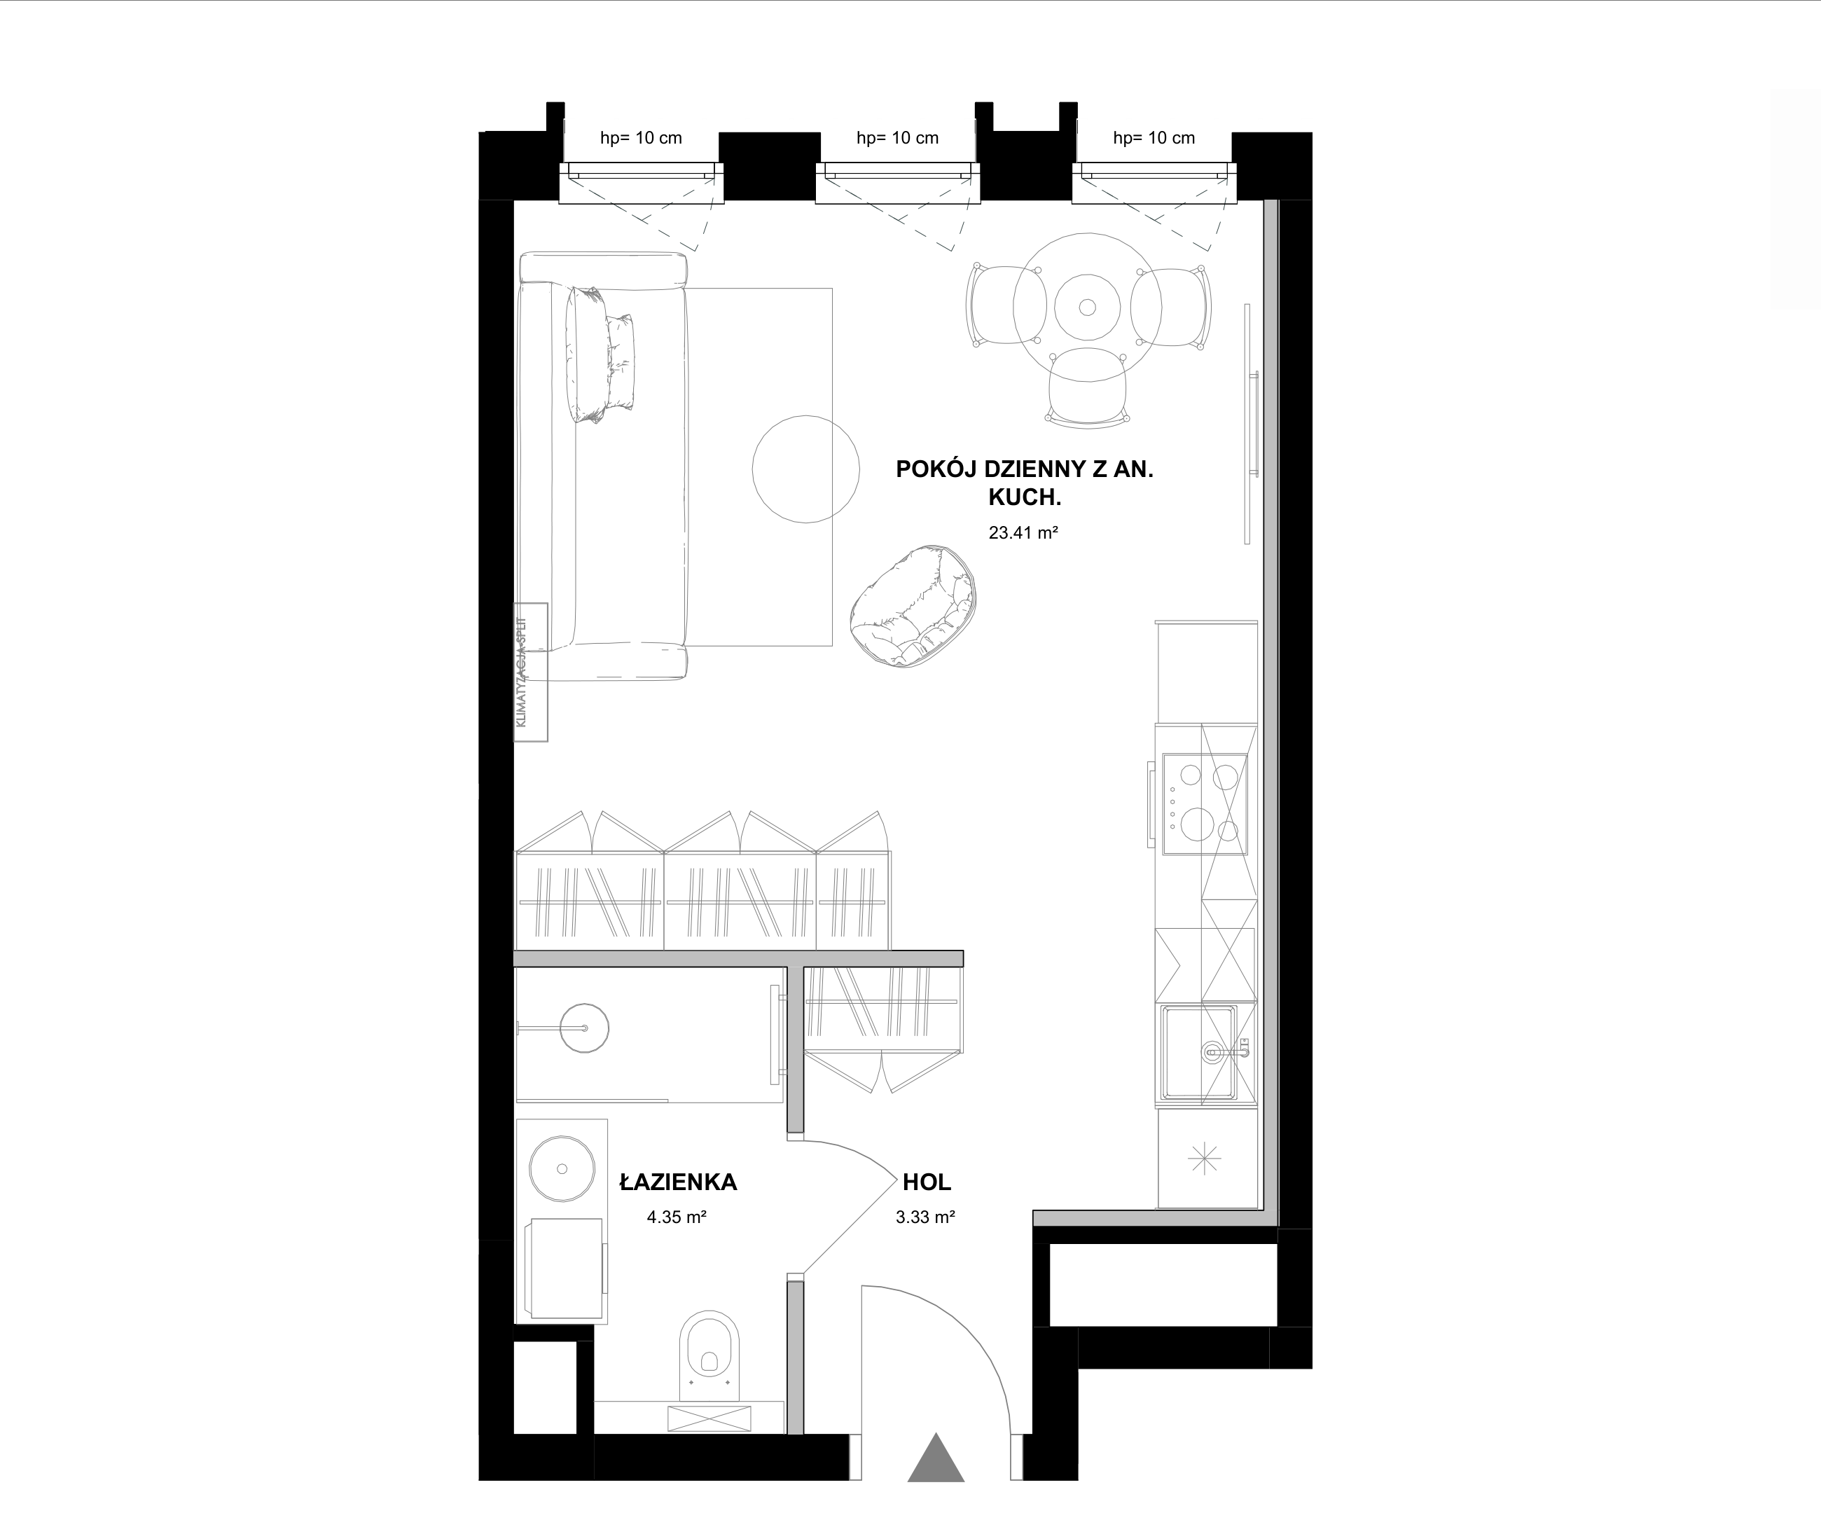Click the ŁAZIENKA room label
[678, 1182]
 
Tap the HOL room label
[926, 1182]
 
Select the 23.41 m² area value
[1023, 532]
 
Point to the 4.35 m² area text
[677, 1217]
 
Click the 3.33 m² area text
[925, 1217]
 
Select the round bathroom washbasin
[562, 1169]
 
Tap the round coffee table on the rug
[805, 469]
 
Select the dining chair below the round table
[1088, 386]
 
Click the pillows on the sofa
[600, 354]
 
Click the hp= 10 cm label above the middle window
[897, 138]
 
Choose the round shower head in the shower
[584, 1028]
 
